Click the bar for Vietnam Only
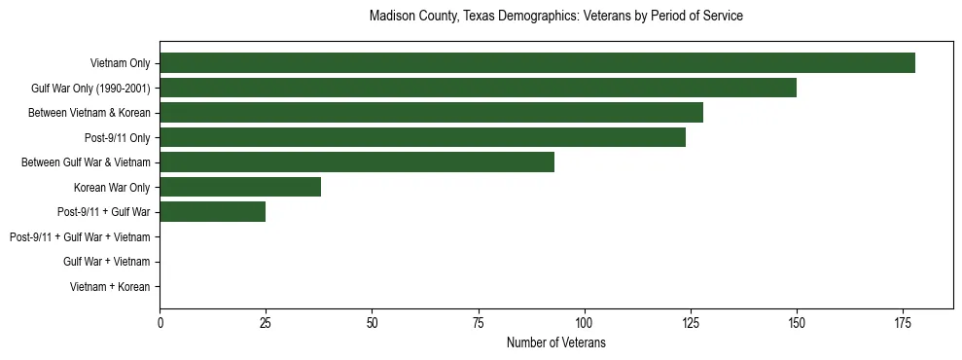[x=537, y=63]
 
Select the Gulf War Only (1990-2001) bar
[x=478, y=88]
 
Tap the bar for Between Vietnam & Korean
[x=431, y=113]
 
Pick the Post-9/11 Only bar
[x=422, y=137]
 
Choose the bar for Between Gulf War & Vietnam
[x=357, y=162]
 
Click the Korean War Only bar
[x=240, y=187]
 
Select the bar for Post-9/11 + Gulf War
[x=212, y=212]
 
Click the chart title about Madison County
[x=555, y=17]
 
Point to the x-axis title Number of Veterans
[x=555, y=342]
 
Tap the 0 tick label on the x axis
[x=160, y=323]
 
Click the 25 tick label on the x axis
[x=266, y=323]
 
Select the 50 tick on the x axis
[x=372, y=323]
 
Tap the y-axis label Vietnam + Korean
[x=110, y=287]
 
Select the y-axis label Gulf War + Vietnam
[x=106, y=262]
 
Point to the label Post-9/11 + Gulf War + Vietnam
[x=80, y=237]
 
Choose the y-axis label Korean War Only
[x=111, y=187]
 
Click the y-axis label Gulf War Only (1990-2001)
[x=90, y=89]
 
